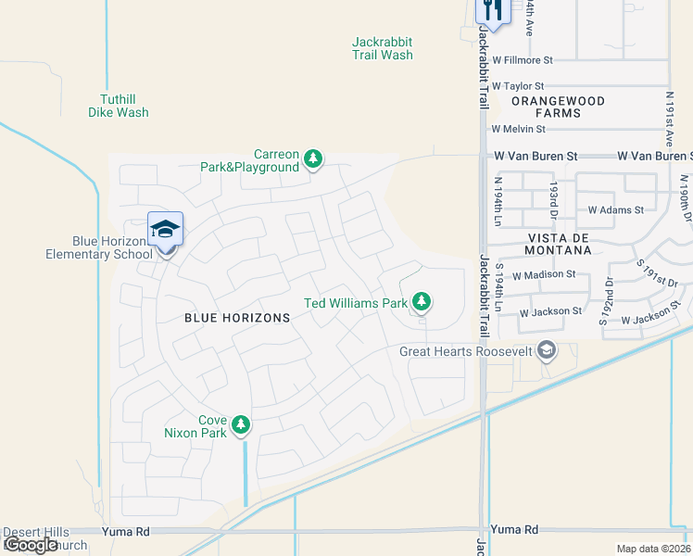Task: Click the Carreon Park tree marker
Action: tap(314, 159)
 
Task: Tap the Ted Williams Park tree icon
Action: tap(422, 302)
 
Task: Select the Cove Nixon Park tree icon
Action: tap(241, 425)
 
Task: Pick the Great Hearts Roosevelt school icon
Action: tap(547, 350)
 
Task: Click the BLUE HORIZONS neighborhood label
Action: tap(237, 318)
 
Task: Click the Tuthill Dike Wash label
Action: tap(125, 106)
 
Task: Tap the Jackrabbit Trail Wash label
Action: tap(382, 48)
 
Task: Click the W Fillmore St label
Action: tap(522, 60)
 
